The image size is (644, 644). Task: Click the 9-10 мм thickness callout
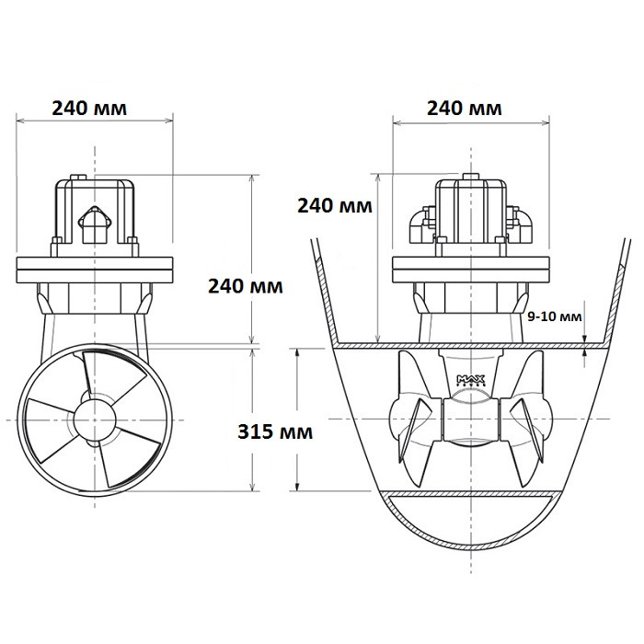[556, 316]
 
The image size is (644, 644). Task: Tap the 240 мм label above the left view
[89, 109]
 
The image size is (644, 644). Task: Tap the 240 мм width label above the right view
[465, 109]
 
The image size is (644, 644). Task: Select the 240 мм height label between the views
[246, 285]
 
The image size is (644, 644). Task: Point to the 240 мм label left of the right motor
[335, 206]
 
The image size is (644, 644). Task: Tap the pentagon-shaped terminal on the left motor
[94, 222]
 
